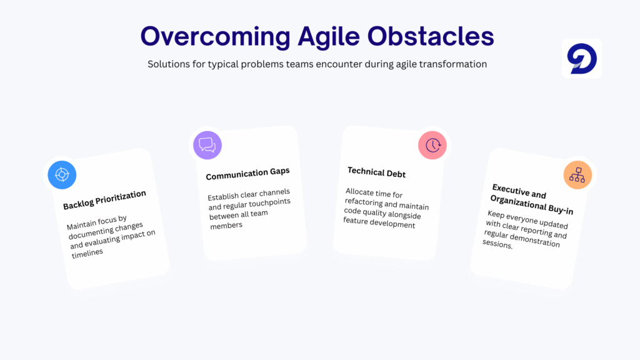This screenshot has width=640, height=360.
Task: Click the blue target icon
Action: (x=62, y=175)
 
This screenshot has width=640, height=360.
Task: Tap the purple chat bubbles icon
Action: (x=207, y=145)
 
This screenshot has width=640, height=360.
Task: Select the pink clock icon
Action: (x=432, y=145)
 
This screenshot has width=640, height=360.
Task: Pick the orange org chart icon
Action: (x=577, y=175)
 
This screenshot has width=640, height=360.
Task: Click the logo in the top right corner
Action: (x=582, y=59)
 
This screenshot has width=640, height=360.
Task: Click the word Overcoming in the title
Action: (x=216, y=36)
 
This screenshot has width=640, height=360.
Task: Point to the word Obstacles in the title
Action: (x=431, y=36)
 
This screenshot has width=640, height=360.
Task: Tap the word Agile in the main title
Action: (x=329, y=36)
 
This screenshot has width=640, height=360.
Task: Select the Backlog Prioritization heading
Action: (x=104, y=199)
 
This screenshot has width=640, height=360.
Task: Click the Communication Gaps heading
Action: (x=247, y=174)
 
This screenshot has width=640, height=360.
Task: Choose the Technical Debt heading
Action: (x=376, y=172)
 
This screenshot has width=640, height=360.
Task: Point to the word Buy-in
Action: (x=561, y=209)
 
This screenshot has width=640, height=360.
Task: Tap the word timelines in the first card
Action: (x=87, y=253)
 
